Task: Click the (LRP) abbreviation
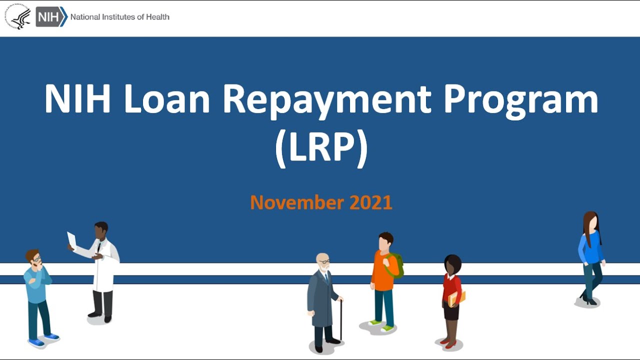[321, 148]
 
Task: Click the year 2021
[370, 202]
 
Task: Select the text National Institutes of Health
[119, 17]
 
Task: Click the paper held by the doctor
[72, 239]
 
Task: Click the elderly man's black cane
[341, 320]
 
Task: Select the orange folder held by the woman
[457, 298]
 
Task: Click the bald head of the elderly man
[322, 259]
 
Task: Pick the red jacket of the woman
[451, 288]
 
